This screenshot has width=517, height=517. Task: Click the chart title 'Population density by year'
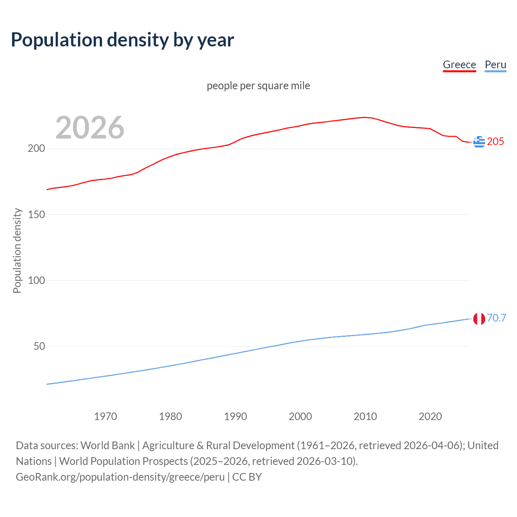pos(122,40)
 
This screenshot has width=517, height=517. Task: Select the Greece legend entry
pos(459,65)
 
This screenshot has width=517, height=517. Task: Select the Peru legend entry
pos(495,65)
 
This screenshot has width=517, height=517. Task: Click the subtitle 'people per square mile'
pos(258,86)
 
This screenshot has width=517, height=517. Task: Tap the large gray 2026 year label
pos(90,128)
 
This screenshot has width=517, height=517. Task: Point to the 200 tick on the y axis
pos(36,148)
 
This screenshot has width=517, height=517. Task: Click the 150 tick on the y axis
pos(36,214)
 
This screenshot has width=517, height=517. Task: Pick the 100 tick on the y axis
pos(36,280)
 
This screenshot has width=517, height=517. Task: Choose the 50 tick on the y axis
pos(39,346)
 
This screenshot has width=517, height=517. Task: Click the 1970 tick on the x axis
pos(105,416)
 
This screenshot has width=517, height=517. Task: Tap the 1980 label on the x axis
pos(170,416)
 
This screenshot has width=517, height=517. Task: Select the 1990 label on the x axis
pos(235,416)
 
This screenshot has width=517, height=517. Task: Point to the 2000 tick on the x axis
pos(300,416)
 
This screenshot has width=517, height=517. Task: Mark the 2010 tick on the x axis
pos(365,416)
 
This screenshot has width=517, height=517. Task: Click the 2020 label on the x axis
pos(430,416)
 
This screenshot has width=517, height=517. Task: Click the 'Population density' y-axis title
pos(17,250)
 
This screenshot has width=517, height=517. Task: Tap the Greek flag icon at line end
pos(479,142)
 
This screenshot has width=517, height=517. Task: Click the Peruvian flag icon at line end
pos(479,319)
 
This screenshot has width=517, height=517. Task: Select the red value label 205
pos(496,141)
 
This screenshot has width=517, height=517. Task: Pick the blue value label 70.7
pos(496,318)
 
